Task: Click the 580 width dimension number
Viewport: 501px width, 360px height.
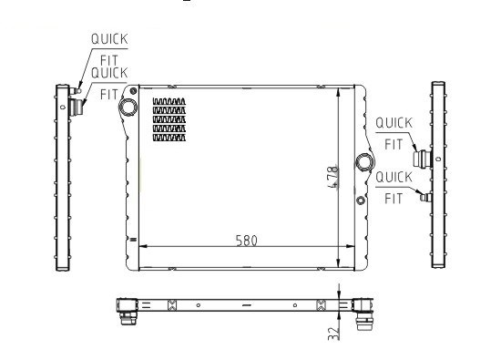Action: (x=246, y=241)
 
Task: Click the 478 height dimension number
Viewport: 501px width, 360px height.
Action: (x=333, y=177)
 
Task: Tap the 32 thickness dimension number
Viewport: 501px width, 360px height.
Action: (x=333, y=334)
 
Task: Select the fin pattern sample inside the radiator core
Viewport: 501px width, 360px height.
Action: (x=169, y=119)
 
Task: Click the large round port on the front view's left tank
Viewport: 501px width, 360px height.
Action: (x=128, y=108)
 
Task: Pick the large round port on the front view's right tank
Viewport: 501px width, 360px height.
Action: (x=364, y=162)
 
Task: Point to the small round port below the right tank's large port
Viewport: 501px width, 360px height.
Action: (x=361, y=201)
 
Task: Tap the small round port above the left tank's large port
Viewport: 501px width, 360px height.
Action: (x=133, y=91)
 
